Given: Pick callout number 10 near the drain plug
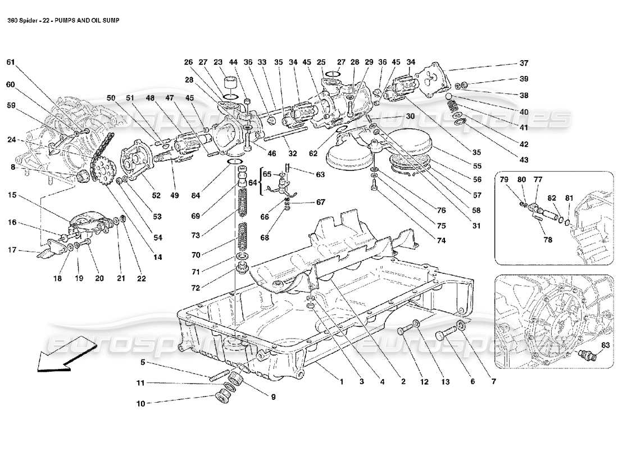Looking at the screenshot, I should (140, 403).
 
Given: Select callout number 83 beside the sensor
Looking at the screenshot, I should (605, 345).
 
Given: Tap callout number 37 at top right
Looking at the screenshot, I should (524, 62).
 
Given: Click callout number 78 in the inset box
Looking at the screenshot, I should (547, 240).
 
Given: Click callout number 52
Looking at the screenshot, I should (156, 196).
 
